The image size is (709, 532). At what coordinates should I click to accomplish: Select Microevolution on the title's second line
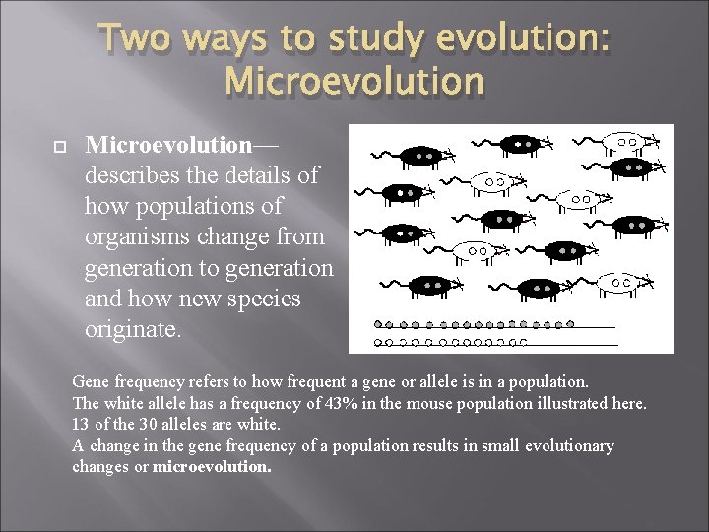(354, 81)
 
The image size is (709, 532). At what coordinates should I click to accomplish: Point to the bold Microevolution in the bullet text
(169, 145)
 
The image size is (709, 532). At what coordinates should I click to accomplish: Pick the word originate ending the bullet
(134, 328)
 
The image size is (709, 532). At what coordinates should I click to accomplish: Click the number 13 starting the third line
(81, 425)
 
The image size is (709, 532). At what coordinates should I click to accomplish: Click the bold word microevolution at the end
(212, 467)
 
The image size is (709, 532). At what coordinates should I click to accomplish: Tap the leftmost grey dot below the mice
(380, 324)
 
